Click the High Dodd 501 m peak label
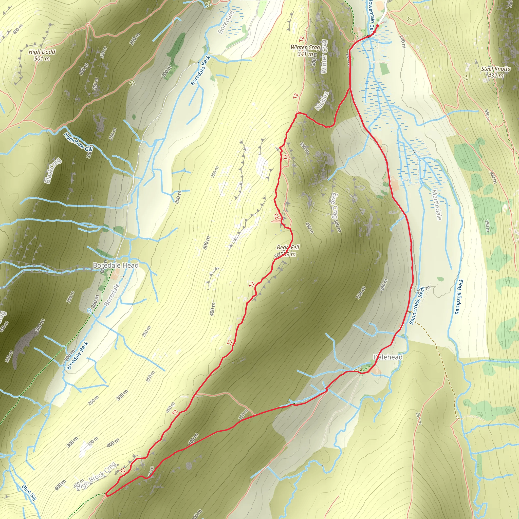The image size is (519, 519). coord(42,55)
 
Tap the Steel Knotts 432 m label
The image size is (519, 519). coord(496,72)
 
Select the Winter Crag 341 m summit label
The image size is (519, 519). coord(305,50)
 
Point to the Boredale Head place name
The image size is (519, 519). coord(116,265)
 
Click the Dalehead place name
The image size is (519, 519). coord(388,357)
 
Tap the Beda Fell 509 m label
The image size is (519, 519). coord(288,250)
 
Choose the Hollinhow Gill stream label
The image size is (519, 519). coord(79,142)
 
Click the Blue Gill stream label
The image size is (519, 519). coord(29,492)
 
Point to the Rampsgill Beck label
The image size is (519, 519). coord(459,297)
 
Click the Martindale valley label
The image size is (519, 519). coord(436,205)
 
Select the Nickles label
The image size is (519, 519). coord(322,101)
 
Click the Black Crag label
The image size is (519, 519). coord(53,171)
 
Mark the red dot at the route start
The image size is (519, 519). coord(377,26)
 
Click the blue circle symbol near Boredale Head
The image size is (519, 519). coord(89,310)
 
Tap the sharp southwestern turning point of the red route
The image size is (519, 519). coord(106,494)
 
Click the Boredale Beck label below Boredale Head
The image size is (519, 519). coord(77,355)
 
